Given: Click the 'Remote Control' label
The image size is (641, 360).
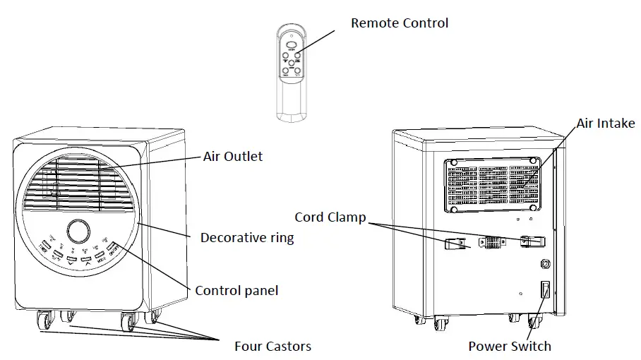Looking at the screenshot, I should tap(399, 23).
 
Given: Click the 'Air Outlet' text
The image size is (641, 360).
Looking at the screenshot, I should tap(232, 156).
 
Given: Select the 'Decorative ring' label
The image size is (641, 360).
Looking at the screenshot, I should tap(246, 238).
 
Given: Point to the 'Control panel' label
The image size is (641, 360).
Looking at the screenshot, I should tap(236, 290).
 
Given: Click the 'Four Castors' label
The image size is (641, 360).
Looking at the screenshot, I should tap(272, 346).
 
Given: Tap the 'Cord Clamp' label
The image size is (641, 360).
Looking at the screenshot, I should tap(330, 217).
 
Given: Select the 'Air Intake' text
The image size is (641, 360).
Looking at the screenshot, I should tap(605, 124).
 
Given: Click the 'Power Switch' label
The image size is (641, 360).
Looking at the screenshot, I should tap(509, 346).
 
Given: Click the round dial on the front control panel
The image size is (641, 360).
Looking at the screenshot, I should tap(78, 231).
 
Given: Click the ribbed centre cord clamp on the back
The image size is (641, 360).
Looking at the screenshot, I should tap(492, 244).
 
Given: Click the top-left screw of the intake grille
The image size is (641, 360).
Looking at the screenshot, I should tap(453, 164).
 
